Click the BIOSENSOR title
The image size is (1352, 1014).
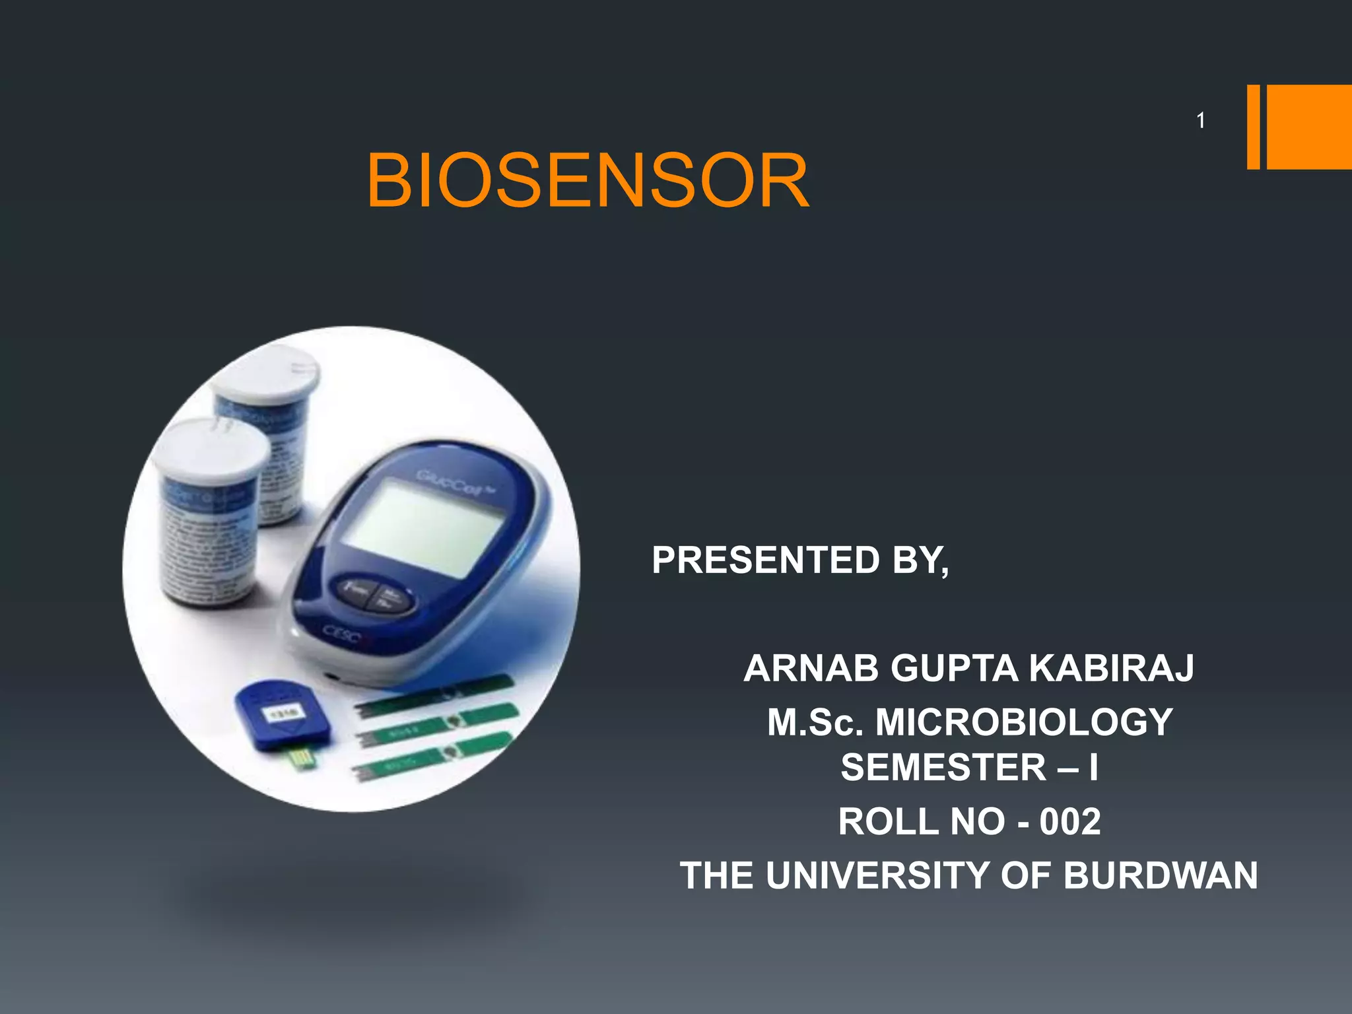[588, 180]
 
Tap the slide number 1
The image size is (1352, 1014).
[1201, 120]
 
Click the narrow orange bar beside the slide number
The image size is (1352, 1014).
[1253, 127]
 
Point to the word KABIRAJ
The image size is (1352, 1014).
[1112, 668]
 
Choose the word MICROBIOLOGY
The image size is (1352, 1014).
[1024, 722]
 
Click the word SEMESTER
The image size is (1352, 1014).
[943, 767]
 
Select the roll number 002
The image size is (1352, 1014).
[1070, 821]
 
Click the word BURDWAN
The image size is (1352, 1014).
[1160, 875]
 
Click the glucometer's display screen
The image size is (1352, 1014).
[426, 525]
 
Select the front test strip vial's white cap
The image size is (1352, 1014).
[209, 449]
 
